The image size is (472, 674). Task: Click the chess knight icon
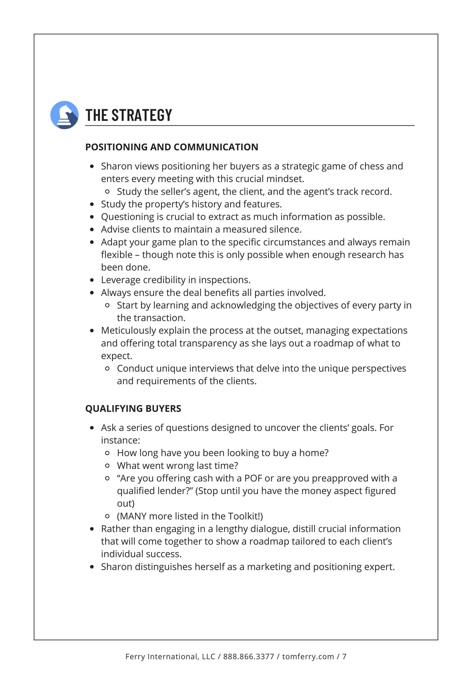tap(64, 115)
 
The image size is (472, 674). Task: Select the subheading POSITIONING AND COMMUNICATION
tap(171, 147)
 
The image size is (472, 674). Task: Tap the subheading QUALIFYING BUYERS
tap(133, 409)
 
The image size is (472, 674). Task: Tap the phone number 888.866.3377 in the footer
tap(249, 656)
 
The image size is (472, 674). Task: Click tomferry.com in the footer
tap(308, 656)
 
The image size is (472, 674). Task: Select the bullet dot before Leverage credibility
tap(92, 280)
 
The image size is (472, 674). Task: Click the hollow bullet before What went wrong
tap(107, 466)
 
